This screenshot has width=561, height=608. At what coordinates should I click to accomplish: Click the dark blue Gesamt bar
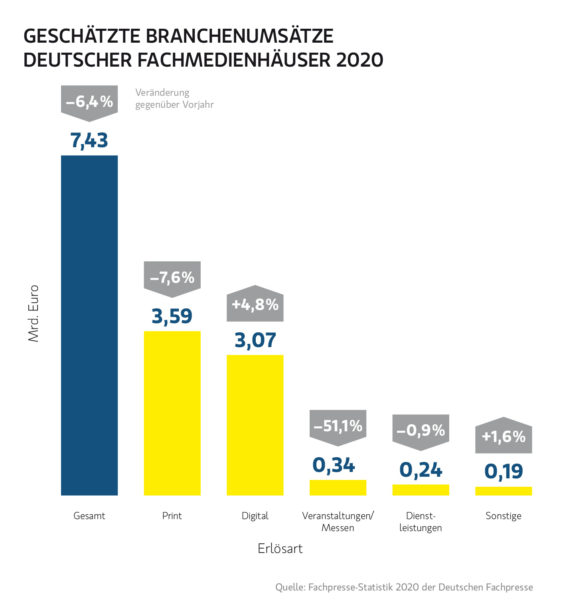(x=89, y=325)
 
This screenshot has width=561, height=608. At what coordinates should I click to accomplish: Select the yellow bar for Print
(x=172, y=413)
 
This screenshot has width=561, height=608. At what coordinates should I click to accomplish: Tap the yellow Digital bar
(x=255, y=425)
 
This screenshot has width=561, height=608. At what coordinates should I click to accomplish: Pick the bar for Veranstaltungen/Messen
(x=338, y=488)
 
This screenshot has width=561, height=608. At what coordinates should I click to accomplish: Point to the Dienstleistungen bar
(x=421, y=490)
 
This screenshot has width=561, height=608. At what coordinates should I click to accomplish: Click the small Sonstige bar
(x=504, y=491)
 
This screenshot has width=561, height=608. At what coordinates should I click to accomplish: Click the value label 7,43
(x=89, y=141)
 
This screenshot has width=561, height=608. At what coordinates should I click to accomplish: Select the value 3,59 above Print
(x=172, y=316)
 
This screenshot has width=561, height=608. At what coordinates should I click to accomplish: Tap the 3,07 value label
(x=255, y=340)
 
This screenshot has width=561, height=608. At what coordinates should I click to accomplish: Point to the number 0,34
(x=334, y=466)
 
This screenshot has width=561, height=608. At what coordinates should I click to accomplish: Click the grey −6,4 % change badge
(x=89, y=102)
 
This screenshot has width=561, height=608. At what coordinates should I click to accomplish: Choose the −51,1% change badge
(x=338, y=426)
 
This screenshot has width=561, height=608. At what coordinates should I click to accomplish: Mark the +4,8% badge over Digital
(x=255, y=305)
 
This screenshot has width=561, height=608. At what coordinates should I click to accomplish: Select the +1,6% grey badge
(x=504, y=437)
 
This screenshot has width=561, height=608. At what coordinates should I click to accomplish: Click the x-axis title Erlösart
(x=280, y=549)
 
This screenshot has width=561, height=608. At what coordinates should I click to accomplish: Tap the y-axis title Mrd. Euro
(x=34, y=313)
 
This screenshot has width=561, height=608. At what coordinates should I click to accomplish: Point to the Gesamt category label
(x=89, y=516)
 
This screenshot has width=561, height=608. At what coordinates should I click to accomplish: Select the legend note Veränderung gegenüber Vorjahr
(x=174, y=99)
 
